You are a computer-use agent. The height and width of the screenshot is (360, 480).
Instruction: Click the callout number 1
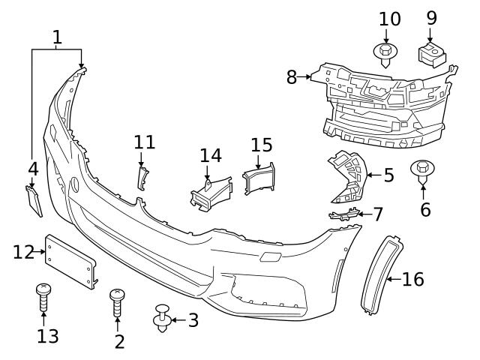[58, 36]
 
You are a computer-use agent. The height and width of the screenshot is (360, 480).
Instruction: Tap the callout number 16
[413, 280]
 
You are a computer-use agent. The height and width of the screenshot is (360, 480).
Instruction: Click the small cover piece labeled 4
[34, 199]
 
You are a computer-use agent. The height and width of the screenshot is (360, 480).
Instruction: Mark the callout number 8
[292, 76]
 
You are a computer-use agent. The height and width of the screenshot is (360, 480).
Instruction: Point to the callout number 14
[211, 155]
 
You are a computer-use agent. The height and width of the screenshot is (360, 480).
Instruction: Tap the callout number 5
[388, 175]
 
